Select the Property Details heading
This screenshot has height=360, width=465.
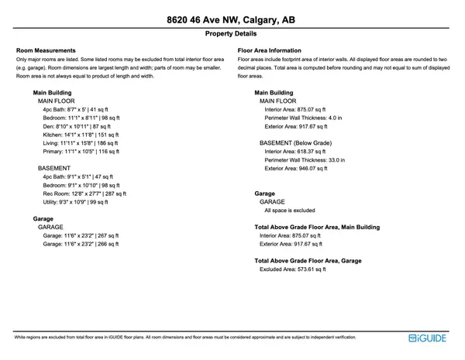point(232,35)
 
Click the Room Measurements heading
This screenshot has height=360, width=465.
point(46,51)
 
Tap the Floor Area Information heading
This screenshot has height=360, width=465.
point(269,51)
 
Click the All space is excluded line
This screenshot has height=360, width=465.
point(289,210)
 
